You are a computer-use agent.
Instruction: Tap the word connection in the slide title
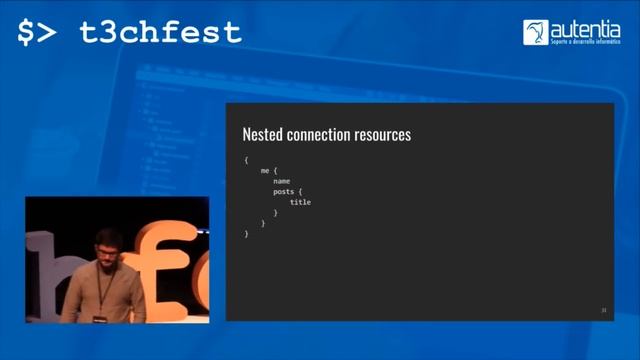pyautogui.click(x=320, y=134)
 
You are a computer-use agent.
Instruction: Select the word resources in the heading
pyautogui.click(x=384, y=134)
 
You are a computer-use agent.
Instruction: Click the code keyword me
pyautogui.click(x=264, y=171)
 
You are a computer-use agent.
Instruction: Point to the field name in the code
pyautogui.click(x=281, y=181)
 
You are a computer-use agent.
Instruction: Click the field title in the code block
pyautogui.click(x=300, y=202)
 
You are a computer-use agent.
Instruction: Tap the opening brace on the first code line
pyautogui.click(x=246, y=160)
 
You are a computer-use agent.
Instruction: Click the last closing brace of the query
pyautogui.click(x=246, y=233)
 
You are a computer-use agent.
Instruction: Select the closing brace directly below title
pyautogui.click(x=275, y=213)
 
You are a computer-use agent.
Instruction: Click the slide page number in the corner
pyautogui.click(x=603, y=310)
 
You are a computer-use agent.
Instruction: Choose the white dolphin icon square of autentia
pyautogui.click(x=535, y=32)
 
